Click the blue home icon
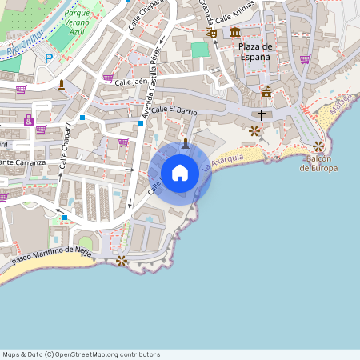pyautogui.click(x=180, y=173)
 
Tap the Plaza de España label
pyautogui.click(x=255, y=51)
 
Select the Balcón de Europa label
pyautogui.click(x=318, y=163)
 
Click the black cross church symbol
pyautogui.click(x=261, y=115)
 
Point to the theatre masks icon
pyautogui.click(x=211, y=32)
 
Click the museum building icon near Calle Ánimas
pyautogui.click(x=235, y=31)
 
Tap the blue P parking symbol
pyautogui.click(x=49, y=58)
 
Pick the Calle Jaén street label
pyautogui.click(x=132, y=82)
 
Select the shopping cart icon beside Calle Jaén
pyautogui.click(x=108, y=78)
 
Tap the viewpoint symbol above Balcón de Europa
pyautogui.click(x=318, y=146)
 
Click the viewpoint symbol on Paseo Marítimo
pyautogui.click(x=122, y=260)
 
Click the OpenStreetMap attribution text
pyautogui.click(x=81, y=354)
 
